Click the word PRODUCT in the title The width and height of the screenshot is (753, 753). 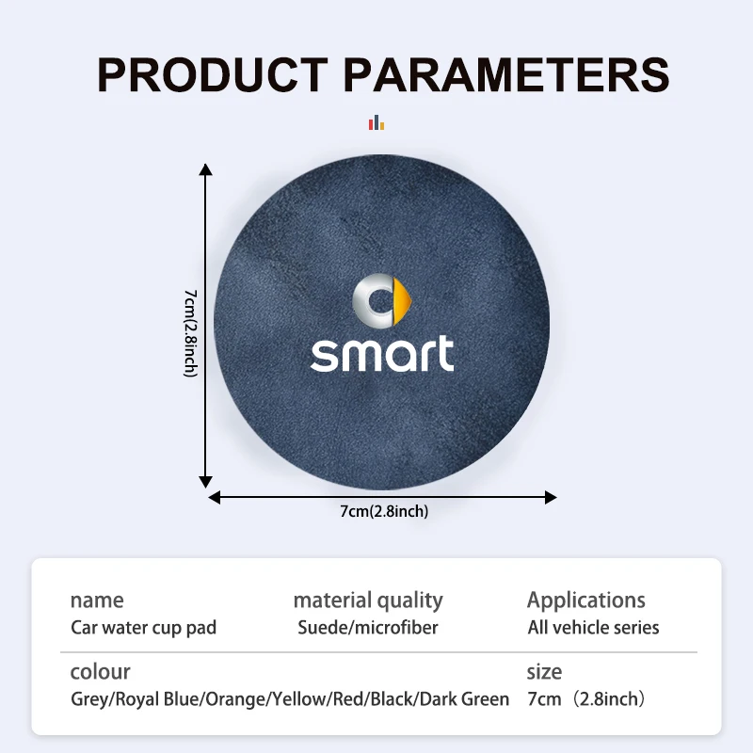pyautogui.click(x=213, y=74)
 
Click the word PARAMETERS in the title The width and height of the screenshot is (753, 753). pyautogui.click(x=506, y=74)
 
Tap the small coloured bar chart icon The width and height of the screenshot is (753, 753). pyautogui.click(x=376, y=122)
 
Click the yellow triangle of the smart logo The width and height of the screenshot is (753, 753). pyautogui.click(x=403, y=301)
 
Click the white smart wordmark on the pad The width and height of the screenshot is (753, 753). pyautogui.click(x=382, y=354)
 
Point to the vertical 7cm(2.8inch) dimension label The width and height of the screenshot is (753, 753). pyautogui.click(x=191, y=333)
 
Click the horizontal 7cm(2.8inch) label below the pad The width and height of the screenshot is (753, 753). pyautogui.click(x=384, y=511)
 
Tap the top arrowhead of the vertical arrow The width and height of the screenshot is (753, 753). pyautogui.click(x=205, y=169)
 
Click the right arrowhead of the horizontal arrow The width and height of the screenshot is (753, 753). pyautogui.click(x=551, y=498)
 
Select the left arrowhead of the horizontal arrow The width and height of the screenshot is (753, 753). pyautogui.click(x=215, y=498)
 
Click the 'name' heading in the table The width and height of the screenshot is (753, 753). pyautogui.click(x=97, y=601)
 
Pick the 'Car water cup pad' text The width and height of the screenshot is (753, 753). pyautogui.click(x=144, y=628)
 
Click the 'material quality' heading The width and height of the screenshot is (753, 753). pyautogui.click(x=368, y=601)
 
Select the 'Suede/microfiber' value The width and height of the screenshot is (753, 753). pyautogui.click(x=368, y=628)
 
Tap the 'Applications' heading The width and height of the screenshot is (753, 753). pyautogui.click(x=586, y=601)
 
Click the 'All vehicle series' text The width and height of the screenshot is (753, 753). pyautogui.click(x=594, y=628)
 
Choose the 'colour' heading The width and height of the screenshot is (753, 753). pyautogui.click(x=100, y=672)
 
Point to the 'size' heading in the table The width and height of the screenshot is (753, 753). pyautogui.click(x=544, y=672)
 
